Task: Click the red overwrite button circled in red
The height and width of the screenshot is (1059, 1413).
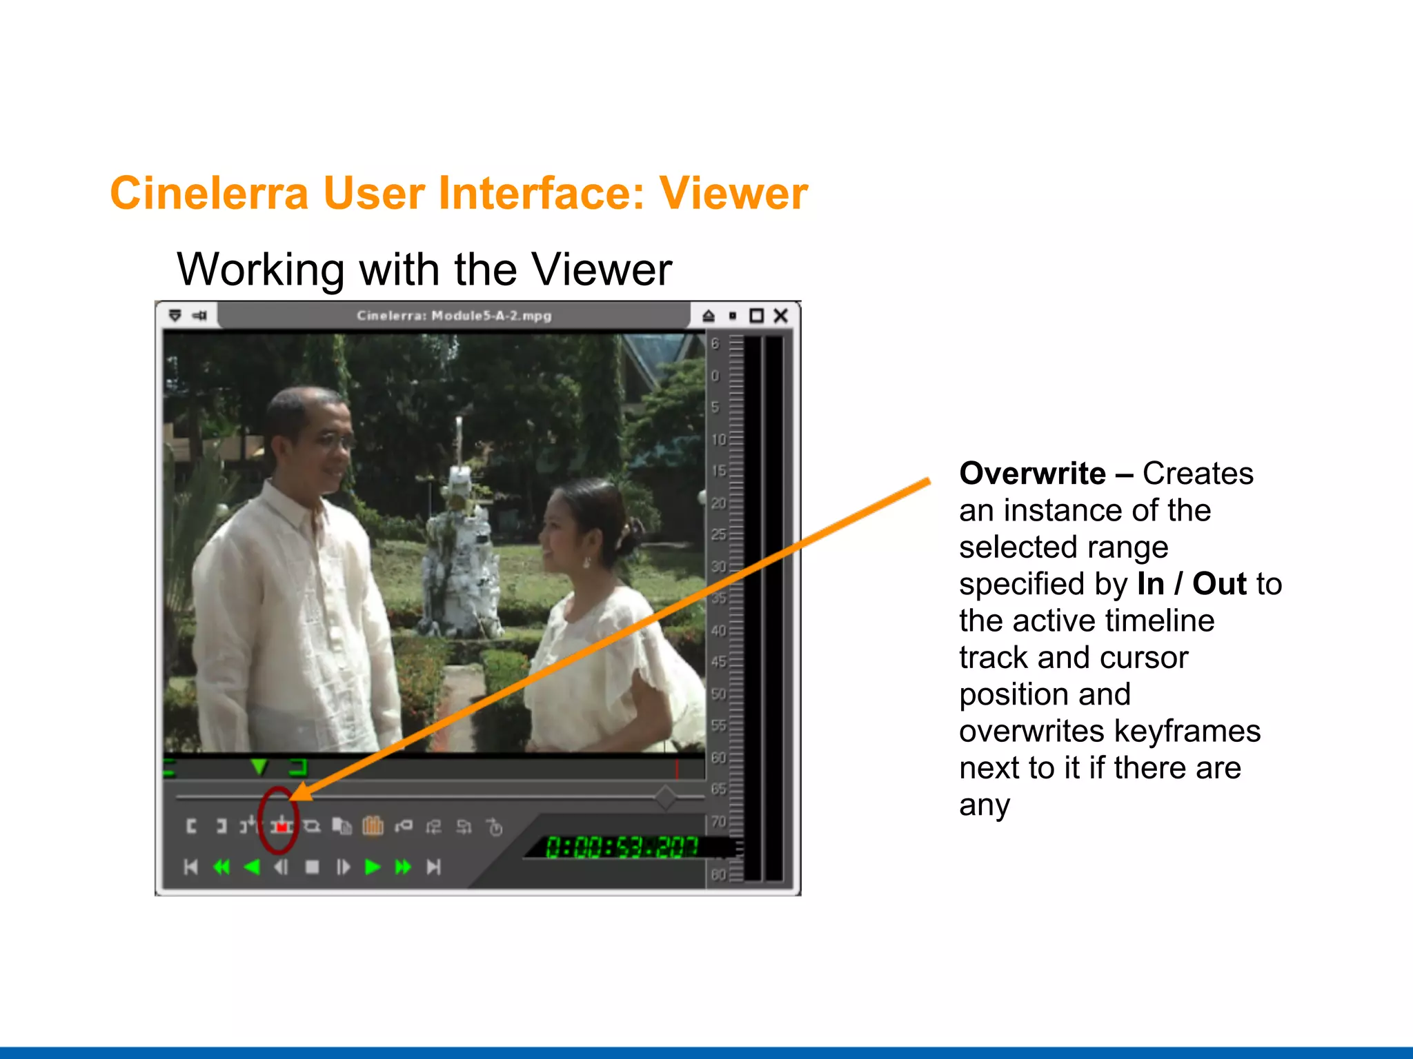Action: (281, 825)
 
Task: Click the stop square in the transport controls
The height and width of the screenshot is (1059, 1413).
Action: (312, 867)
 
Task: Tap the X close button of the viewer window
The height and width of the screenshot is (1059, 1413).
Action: (780, 316)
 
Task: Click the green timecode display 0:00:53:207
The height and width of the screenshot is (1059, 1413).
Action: (621, 847)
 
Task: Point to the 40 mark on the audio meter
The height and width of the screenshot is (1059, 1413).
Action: (718, 630)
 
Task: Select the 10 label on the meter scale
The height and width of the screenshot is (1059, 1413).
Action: (718, 439)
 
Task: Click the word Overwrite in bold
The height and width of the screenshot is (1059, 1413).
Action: (1032, 474)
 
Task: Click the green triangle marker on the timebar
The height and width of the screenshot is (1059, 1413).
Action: (259, 766)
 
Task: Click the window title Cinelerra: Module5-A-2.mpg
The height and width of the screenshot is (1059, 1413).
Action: (454, 316)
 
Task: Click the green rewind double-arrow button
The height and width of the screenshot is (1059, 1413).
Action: (221, 867)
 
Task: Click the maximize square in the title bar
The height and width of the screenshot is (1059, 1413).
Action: (756, 316)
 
